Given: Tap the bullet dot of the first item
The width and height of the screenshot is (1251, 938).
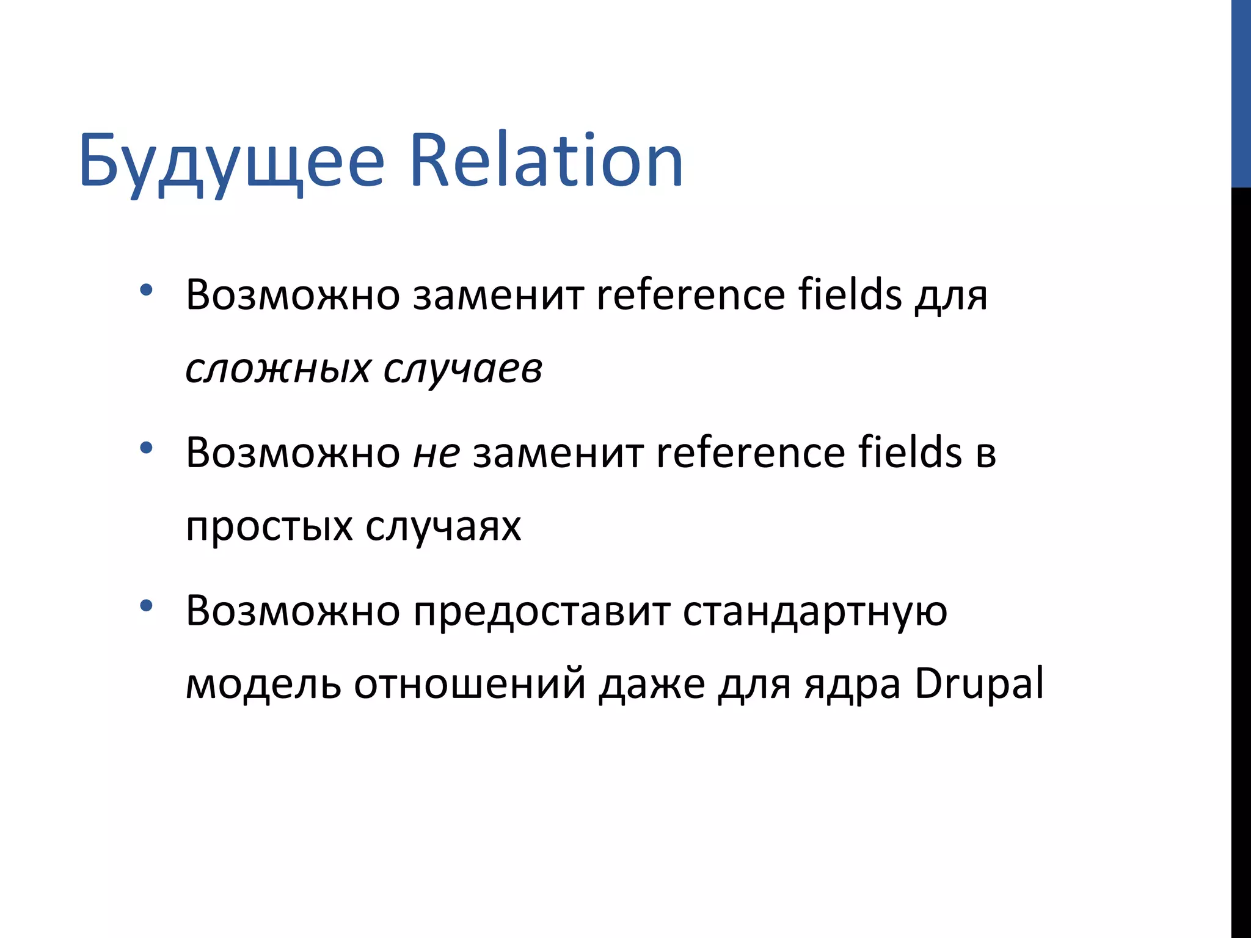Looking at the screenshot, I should pyautogui.click(x=145, y=290).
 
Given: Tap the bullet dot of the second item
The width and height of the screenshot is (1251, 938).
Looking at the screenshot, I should pyautogui.click(x=145, y=448).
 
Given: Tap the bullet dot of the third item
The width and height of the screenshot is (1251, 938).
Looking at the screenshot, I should pyautogui.click(x=145, y=606).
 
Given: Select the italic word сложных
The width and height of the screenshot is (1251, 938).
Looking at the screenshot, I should pyautogui.click(x=278, y=369).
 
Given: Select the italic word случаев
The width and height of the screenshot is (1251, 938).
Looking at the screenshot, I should pyautogui.click(x=462, y=369).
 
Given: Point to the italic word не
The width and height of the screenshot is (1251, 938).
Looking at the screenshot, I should pyautogui.click(x=436, y=454).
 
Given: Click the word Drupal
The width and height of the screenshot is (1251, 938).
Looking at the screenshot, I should pyautogui.click(x=979, y=684).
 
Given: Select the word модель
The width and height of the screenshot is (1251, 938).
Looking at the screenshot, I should pyautogui.click(x=263, y=684).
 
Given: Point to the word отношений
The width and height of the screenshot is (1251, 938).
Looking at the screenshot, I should pyautogui.click(x=470, y=684).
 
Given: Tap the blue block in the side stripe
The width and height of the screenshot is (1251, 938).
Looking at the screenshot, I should pyautogui.click(x=1241, y=93).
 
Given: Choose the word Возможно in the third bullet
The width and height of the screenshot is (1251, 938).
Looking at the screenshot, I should pyautogui.click(x=293, y=611).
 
